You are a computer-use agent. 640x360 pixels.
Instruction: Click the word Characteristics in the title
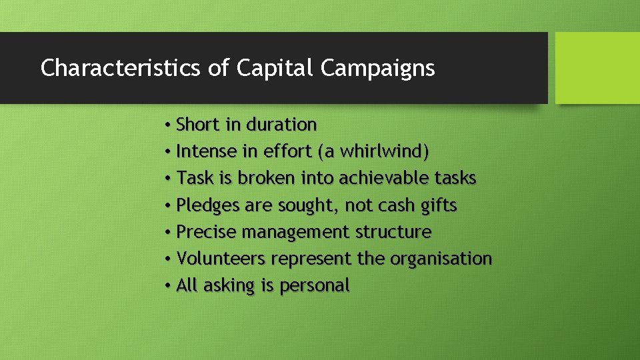pos(116,68)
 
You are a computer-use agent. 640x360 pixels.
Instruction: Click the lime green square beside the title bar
pos(597,68)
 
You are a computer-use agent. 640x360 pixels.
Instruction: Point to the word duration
pos(281,125)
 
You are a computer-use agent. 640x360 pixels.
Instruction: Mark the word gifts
pos(439,205)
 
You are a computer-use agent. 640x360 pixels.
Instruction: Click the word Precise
pos(207,232)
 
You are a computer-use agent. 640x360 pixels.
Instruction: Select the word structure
pos(393,232)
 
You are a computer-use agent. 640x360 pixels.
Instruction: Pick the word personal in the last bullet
pos(315,286)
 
